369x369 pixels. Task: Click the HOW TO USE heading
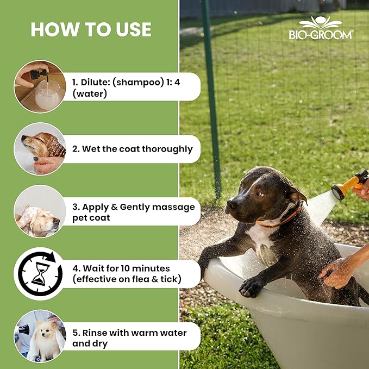coord(91,29)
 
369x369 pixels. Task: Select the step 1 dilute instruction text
coord(130,87)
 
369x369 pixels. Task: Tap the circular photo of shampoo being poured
coord(40,86)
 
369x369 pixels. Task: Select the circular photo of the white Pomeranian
coord(40,336)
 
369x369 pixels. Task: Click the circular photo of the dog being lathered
coord(40,211)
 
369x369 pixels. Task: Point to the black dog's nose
coord(231,204)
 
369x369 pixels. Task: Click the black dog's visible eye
coord(259,193)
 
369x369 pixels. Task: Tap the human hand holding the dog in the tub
coord(337,271)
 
